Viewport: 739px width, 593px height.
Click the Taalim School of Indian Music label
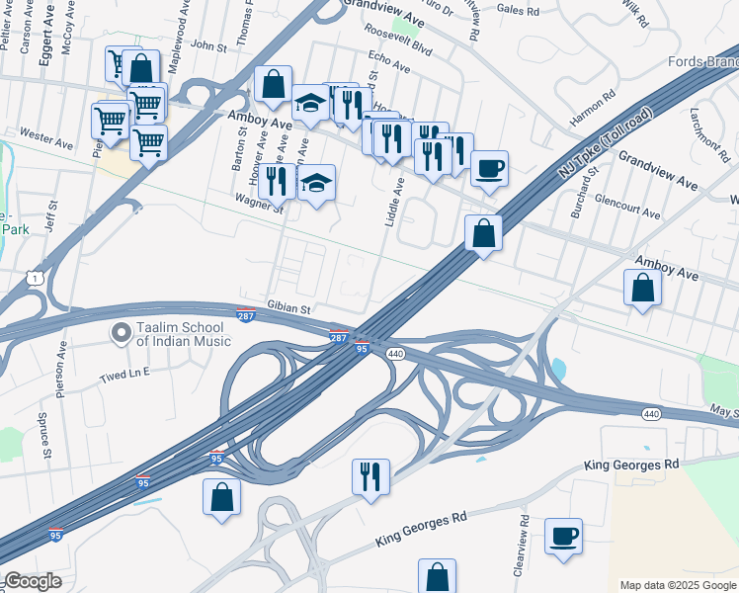[x=184, y=334]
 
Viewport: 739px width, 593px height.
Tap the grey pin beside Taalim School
[x=122, y=334]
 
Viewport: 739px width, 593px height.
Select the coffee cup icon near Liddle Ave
[x=489, y=168]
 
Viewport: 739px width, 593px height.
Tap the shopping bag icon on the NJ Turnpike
[x=483, y=233]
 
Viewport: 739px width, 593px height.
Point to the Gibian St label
[x=289, y=307]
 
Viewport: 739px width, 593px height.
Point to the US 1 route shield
[x=34, y=280]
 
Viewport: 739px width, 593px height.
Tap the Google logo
[x=32, y=581]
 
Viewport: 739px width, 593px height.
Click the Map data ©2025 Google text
[x=677, y=585]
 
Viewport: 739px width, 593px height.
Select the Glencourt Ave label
[x=627, y=212]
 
